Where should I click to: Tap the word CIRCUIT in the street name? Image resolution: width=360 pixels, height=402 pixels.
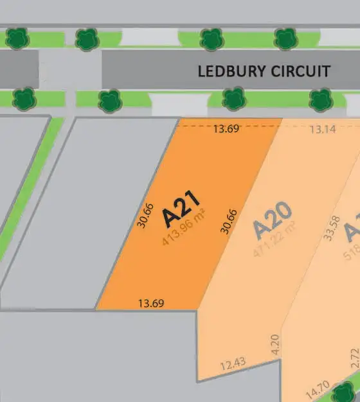click(300, 71)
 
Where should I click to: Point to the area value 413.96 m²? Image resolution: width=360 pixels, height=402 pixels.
click(184, 229)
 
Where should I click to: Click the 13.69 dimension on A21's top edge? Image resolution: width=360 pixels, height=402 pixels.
click(226, 129)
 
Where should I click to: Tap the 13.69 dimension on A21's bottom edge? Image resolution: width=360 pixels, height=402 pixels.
click(151, 302)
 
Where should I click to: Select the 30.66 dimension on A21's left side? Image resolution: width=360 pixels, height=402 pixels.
click(147, 216)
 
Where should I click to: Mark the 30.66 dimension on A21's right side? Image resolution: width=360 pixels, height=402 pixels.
click(230, 221)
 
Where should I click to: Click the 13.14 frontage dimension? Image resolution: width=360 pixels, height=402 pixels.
click(323, 129)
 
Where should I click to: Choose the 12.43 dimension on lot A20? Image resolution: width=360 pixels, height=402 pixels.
click(233, 364)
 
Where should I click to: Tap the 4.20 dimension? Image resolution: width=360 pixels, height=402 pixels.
click(275, 344)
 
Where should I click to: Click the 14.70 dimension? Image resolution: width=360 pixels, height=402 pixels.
click(318, 389)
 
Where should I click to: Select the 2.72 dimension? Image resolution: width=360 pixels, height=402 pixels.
click(354, 357)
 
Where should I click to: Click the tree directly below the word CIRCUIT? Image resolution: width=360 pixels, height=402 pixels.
click(320, 100)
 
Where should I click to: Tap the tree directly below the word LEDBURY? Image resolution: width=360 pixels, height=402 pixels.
click(233, 100)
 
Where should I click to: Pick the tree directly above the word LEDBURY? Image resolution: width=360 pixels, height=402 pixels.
click(212, 39)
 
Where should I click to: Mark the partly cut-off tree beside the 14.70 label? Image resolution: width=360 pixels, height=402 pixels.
click(348, 391)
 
